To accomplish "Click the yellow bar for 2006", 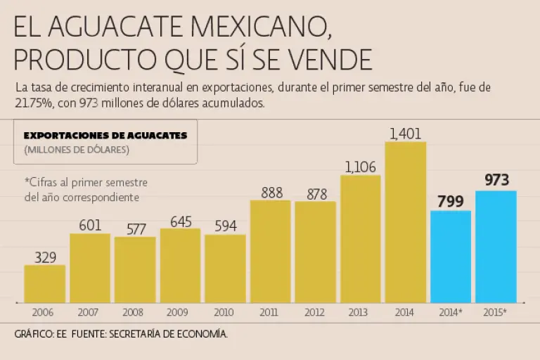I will [x=45, y=284].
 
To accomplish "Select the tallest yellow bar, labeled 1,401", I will [x=405, y=222].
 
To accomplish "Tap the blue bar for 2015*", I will [x=496, y=247].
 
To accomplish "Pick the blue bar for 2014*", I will [x=451, y=257].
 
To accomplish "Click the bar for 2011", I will [x=270, y=252].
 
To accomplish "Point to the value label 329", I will [x=45, y=257].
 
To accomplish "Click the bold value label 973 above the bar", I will [x=496, y=180].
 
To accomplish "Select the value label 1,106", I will [x=361, y=167].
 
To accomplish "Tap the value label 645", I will [x=181, y=221].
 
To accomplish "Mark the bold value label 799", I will [x=450, y=202].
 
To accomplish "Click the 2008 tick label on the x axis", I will [x=135, y=311].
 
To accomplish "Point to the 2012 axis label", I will [x=315, y=311].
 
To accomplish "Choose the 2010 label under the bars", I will [x=225, y=311].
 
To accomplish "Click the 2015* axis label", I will [x=495, y=311].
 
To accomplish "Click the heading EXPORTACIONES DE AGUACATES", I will [x=105, y=136].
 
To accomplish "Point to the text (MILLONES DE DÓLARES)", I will [x=77, y=149].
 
